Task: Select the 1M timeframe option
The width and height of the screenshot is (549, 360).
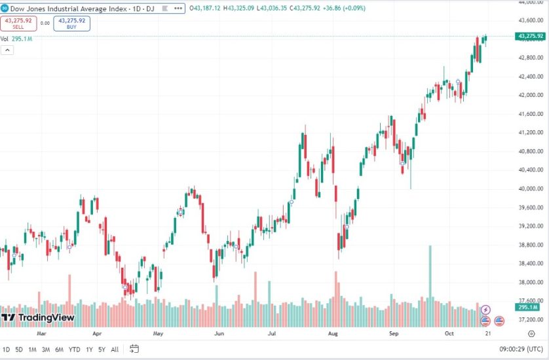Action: pyautogui.click(x=32, y=349)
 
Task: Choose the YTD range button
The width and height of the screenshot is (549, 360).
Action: pyautogui.click(x=74, y=349)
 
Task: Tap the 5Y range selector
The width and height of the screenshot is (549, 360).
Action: pyautogui.click(x=102, y=349)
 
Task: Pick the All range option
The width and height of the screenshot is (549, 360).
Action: pyautogui.click(x=115, y=349)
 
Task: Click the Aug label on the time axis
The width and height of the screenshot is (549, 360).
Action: pyautogui.click(x=333, y=333)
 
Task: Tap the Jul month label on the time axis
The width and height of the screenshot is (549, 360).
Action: pyautogui.click(x=271, y=333)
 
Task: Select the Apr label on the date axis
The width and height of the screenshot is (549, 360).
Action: pyautogui.click(x=97, y=333)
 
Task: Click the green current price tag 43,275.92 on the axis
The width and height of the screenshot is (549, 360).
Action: pyautogui.click(x=531, y=36)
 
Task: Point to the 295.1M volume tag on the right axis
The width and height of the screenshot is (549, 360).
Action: pyautogui.click(x=528, y=307)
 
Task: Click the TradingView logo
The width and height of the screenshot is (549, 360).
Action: pyautogui.click(x=38, y=318)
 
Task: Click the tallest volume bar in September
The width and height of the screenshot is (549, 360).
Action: pyautogui.click(x=430, y=275)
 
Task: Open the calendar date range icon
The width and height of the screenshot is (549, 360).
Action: pyautogui.click(x=134, y=349)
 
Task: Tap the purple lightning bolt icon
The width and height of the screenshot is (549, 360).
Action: pyautogui.click(x=485, y=310)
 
